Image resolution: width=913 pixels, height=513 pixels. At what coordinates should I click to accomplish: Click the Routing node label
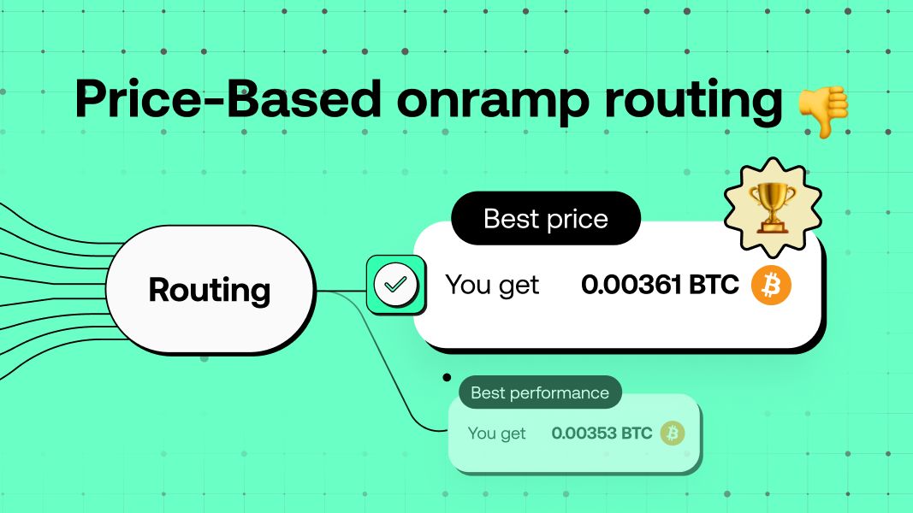(x=210, y=290)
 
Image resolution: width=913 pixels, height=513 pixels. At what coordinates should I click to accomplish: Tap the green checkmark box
(x=395, y=285)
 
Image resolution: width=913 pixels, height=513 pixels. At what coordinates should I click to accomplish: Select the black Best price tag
(x=546, y=218)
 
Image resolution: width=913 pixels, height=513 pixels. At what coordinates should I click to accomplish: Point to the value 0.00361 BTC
(x=660, y=285)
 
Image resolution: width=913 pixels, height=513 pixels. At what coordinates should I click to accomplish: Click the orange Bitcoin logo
(x=771, y=285)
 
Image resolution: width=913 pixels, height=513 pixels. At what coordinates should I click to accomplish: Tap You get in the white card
(x=492, y=285)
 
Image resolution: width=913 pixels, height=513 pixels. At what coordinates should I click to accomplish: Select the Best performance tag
(x=540, y=392)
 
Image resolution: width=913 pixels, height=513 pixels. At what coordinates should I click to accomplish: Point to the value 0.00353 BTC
(x=602, y=433)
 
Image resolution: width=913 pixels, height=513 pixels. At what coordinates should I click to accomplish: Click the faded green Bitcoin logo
(x=673, y=433)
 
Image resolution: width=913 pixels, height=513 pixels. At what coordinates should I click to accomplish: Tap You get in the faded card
(x=496, y=433)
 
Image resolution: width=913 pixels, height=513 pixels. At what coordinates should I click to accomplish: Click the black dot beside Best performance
(x=446, y=376)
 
